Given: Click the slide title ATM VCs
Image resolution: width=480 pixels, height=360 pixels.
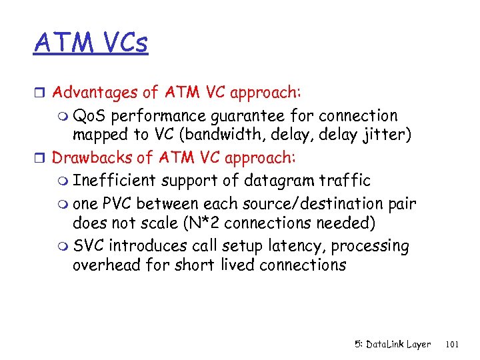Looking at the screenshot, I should click(x=91, y=43).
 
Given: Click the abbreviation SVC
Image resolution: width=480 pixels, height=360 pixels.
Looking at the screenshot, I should click(x=89, y=245).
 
